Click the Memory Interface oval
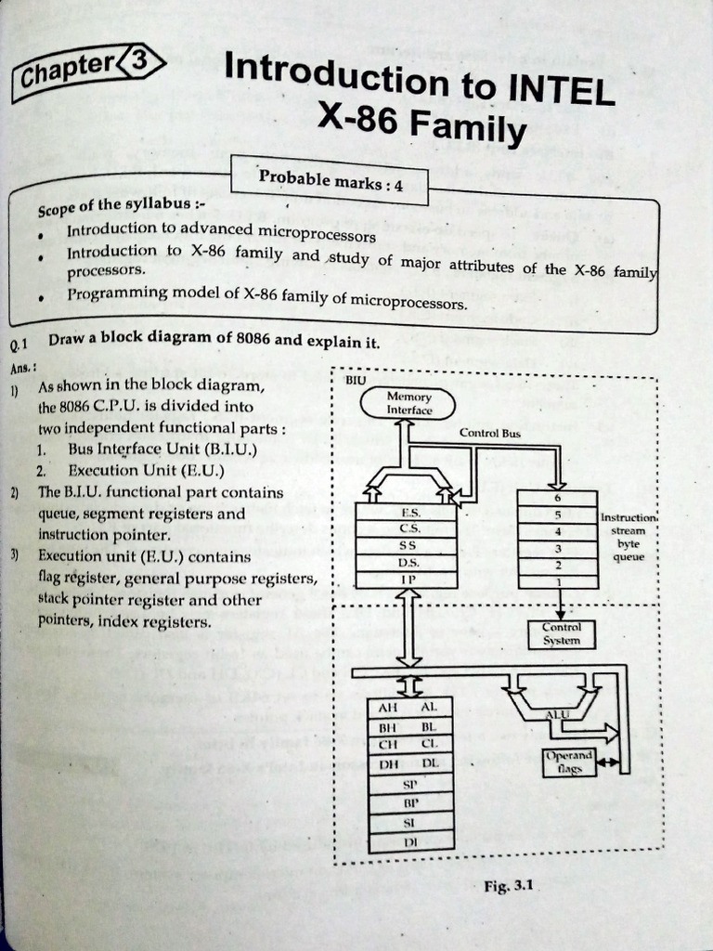tap(408, 403)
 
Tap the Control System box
tap(561, 634)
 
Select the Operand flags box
tap(569, 762)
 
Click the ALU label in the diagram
tap(557, 713)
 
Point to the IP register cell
tap(407, 580)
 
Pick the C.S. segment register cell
tap(408, 528)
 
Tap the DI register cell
tap(409, 840)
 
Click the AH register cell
tap(388, 708)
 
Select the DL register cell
tap(430, 763)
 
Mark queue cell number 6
tap(557, 498)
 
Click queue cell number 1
tap(557, 580)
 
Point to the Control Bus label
tap(489, 433)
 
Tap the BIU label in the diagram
tap(356, 380)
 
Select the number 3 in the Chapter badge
tap(139, 62)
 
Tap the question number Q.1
tap(19, 345)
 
